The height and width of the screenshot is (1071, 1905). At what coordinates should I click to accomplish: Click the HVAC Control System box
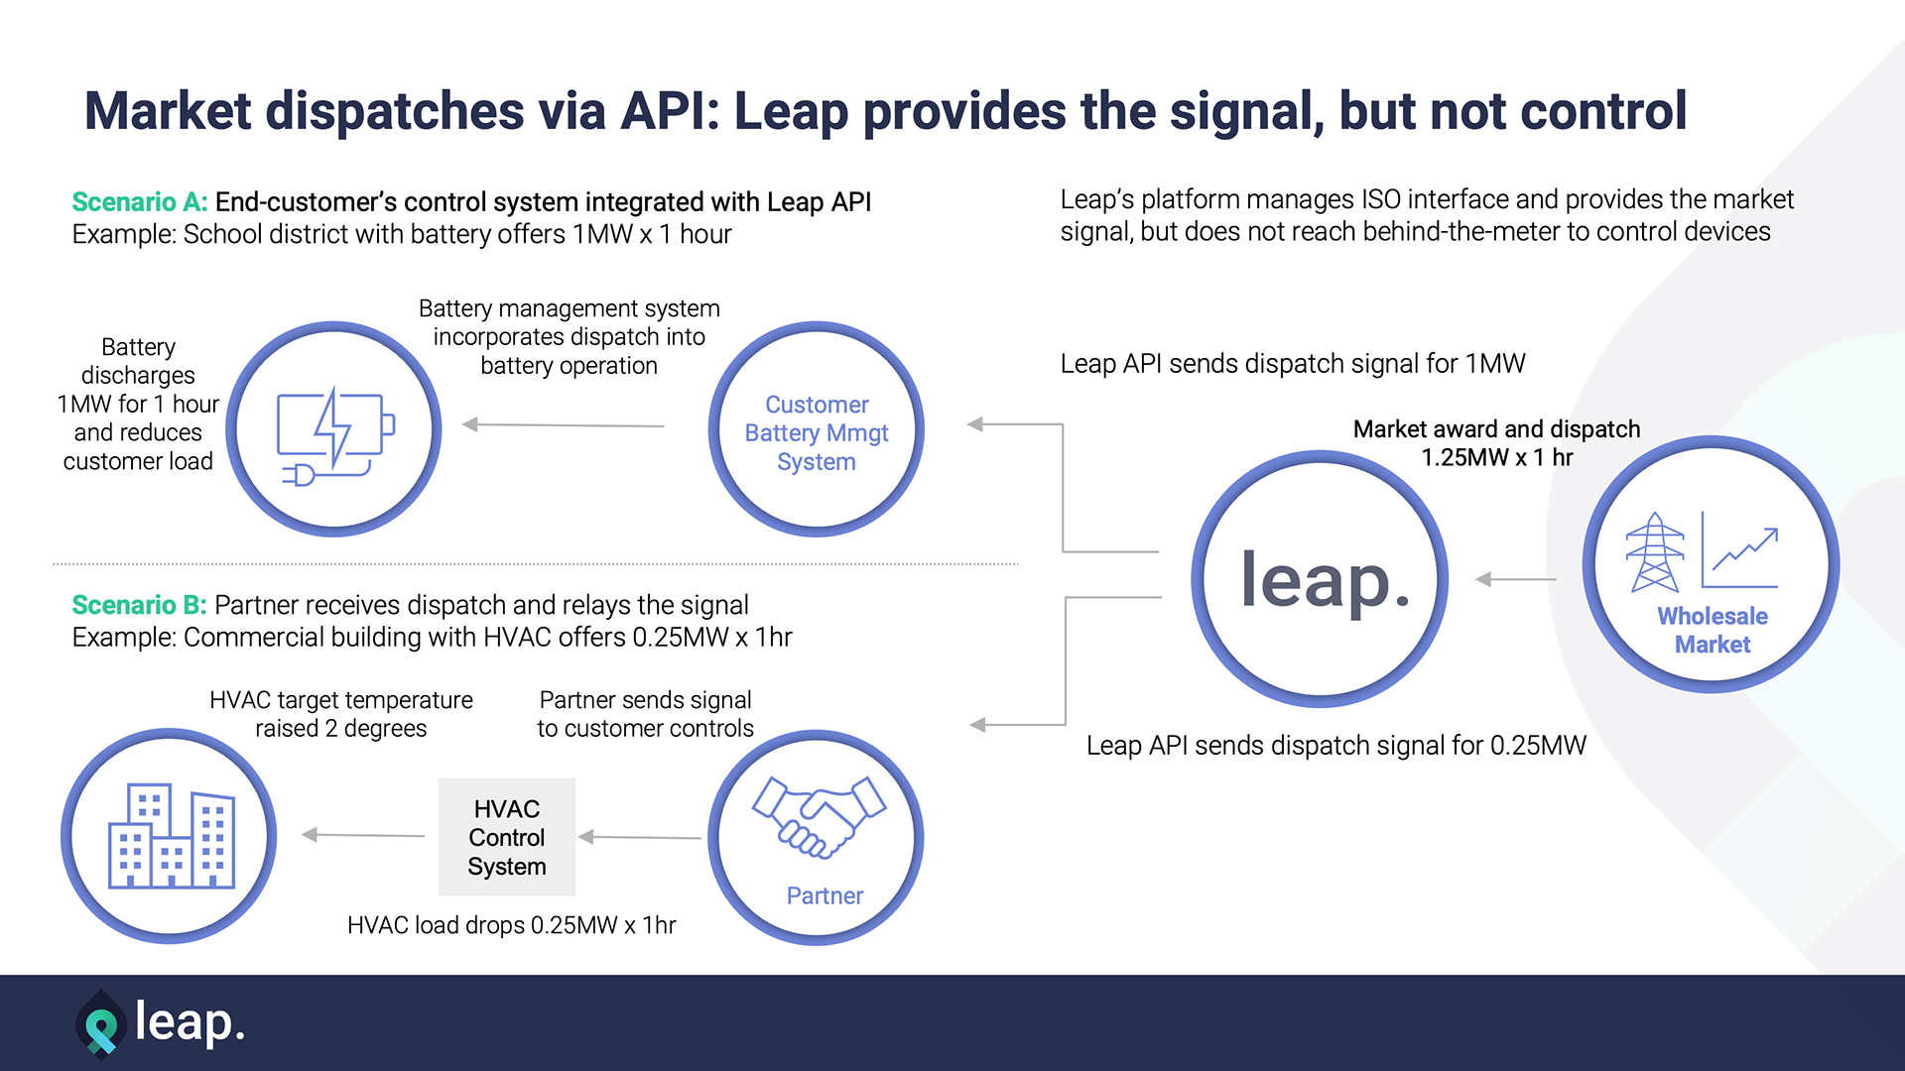[507, 837]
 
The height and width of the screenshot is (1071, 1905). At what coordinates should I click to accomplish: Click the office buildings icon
[171, 836]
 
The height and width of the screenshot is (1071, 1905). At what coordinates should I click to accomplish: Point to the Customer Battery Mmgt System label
[817, 433]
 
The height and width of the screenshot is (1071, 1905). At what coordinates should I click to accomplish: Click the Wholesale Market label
[1713, 630]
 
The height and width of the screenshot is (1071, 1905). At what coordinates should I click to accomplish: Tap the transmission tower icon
[1654, 552]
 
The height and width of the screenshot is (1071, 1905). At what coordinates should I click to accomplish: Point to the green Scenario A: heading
[140, 202]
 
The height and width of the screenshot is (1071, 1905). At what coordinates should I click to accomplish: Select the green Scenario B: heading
[139, 605]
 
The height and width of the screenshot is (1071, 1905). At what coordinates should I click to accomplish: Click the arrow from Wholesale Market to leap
[1515, 579]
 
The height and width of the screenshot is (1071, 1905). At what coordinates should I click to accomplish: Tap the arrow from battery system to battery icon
[563, 424]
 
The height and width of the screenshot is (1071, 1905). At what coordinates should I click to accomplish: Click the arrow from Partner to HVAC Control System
[640, 837]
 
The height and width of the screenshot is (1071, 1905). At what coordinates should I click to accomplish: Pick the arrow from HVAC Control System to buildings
[363, 835]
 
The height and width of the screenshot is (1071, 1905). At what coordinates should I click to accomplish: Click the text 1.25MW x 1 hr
[1496, 458]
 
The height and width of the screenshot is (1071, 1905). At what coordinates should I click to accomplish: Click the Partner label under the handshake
[825, 896]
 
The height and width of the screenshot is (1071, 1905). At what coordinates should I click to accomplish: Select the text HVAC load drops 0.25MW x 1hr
[511, 925]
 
